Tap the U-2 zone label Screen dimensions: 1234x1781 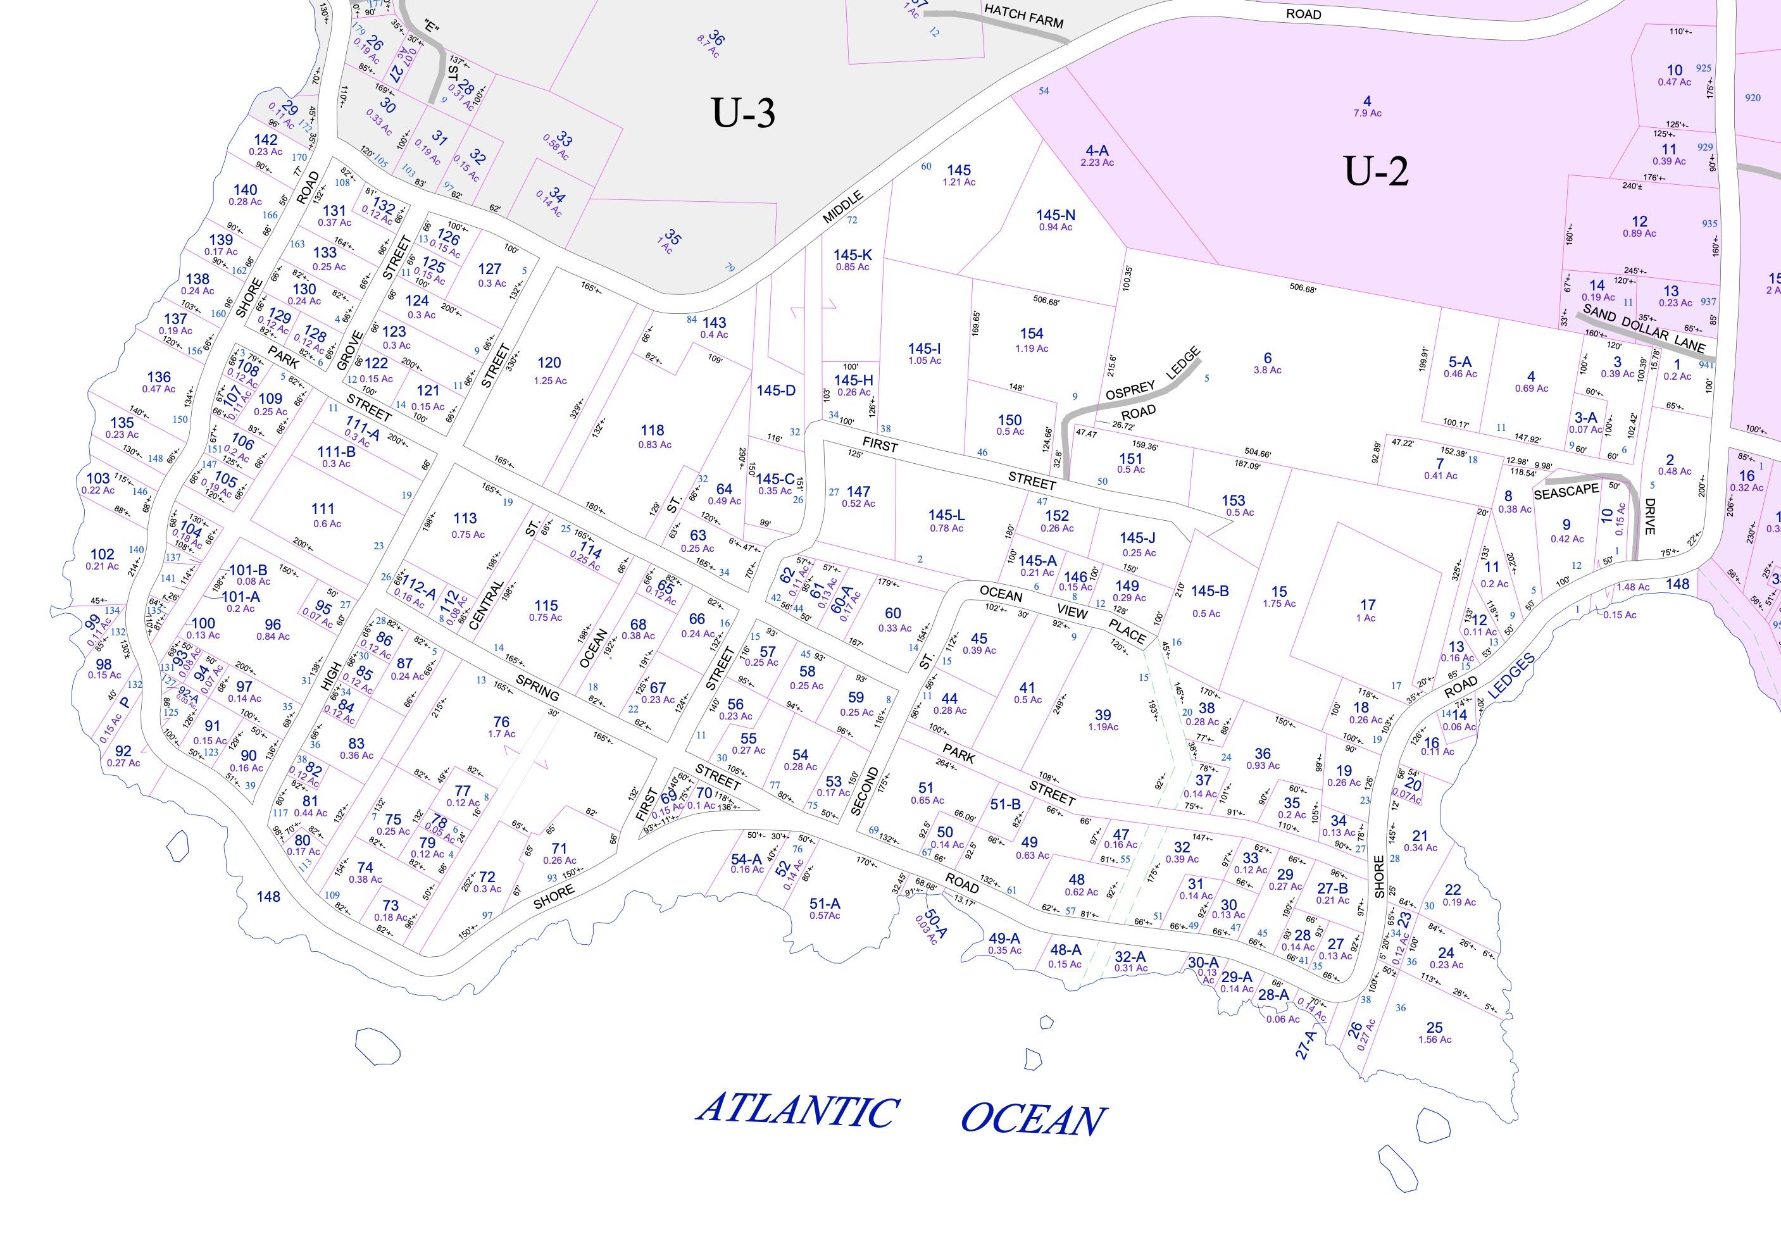(x=1376, y=171)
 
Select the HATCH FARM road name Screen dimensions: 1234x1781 (x=1023, y=15)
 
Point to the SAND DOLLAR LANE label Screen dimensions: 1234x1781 (x=1642, y=328)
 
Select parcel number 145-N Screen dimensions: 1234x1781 (x=1056, y=215)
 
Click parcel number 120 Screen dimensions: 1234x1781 (x=549, y=362)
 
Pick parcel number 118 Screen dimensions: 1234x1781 (x=652, y=430)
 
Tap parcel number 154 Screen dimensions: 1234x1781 (x=1031, y=333)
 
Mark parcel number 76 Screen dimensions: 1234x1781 (x=501, y=722)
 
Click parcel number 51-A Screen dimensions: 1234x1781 (x=825, y=903)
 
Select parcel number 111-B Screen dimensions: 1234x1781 (x=337, y=452)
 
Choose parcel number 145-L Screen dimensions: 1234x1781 (x=946, y=515)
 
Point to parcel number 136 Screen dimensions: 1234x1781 (x=158, y=377)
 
